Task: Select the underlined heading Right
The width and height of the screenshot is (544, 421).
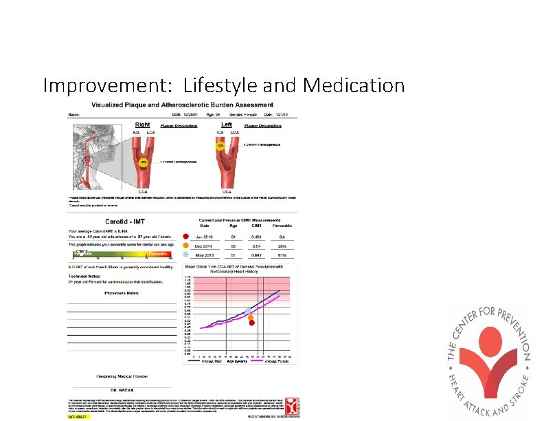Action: [x=142, y=125]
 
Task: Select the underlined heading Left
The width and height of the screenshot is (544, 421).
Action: [x=226, y=125]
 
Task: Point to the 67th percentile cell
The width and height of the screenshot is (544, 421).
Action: [x=282, y=255]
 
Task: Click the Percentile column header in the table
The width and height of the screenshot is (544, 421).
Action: [x=281, y=226]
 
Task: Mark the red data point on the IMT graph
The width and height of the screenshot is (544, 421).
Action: [x=252, y=323]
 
